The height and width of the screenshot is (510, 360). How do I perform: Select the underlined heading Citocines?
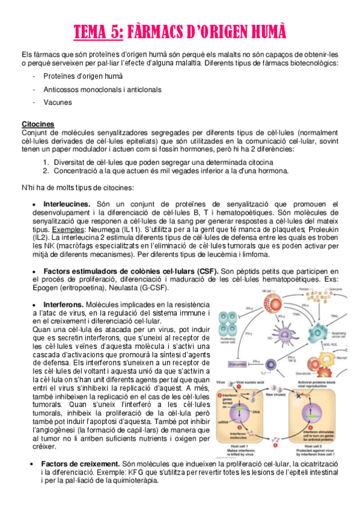point(38,124)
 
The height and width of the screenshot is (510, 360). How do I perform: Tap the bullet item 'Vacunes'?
point(58,102)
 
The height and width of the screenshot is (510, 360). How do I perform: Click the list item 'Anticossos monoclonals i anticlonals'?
point(102,89)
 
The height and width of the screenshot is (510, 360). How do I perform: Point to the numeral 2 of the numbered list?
point(46,170)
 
